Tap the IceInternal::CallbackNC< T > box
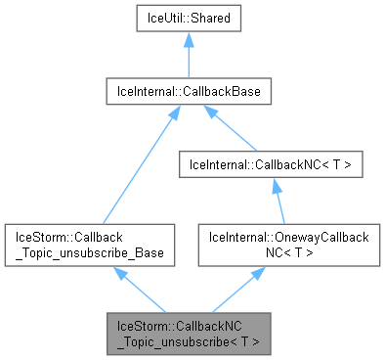[x=271, y=167]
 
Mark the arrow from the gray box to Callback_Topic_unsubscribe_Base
[x=143, y=291]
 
